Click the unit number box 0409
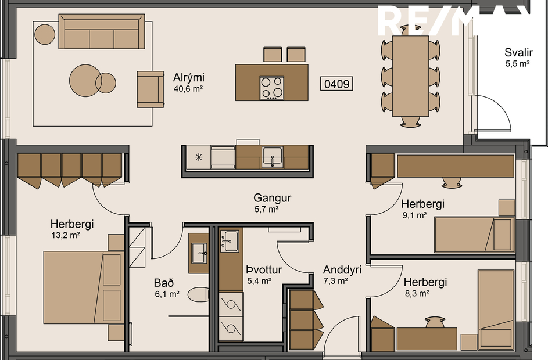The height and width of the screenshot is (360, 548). click(x=336, y=84)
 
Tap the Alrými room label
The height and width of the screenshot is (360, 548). click(x=189, y=78)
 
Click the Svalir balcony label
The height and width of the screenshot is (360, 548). click(x=518, y=53)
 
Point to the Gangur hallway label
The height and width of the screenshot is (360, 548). click(x=272, y=198)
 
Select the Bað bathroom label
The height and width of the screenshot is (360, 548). click(x=163, y=283)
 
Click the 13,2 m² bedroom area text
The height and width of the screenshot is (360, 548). click(x=66, y=236)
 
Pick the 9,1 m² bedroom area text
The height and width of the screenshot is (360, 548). click(x=414, y=215)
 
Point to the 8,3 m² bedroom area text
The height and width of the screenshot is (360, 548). click(x=416, y=294)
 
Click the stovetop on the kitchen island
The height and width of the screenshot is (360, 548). click(x=272, y=88)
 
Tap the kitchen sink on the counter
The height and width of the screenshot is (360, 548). click(x=271, y=156)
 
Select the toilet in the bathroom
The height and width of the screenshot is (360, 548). click(x=198, y=294)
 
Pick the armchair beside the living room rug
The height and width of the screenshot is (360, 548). click(x=150, y=89)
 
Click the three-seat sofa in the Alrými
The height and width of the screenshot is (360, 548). click(x=101, y=33)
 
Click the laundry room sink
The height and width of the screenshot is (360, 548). click(x=230, y=240)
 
